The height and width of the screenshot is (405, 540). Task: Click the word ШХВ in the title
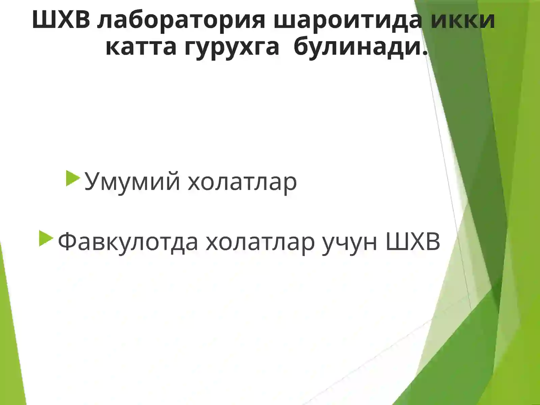(x=61, y=20)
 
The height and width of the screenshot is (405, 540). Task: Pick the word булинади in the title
(x=356, y=47)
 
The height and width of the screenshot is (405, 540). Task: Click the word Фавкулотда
(x=128, y=242)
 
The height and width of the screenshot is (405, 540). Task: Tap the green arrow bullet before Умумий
(x=73, y=178)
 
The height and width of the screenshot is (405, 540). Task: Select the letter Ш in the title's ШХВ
(x=43, y=20)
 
